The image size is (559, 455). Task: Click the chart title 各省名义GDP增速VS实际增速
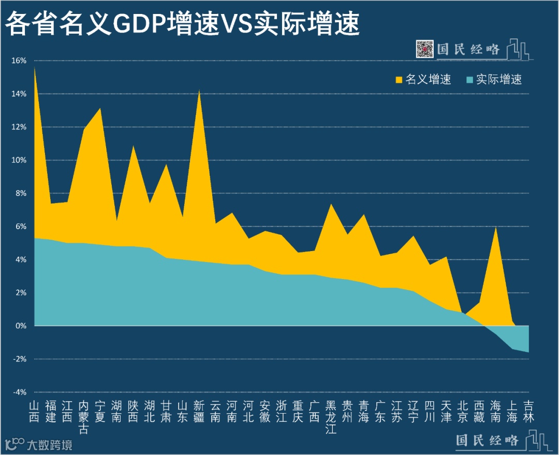pos(182,24)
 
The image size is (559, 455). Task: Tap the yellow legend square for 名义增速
pos(399,80)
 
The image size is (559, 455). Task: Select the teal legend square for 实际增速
pos(469,80)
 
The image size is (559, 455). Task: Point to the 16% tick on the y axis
pos(19,61)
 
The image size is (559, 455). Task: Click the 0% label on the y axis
pos(21,326)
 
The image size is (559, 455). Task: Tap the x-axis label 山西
pos(34,411)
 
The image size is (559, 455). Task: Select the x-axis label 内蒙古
pos(84,417)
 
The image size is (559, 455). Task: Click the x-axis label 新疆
pos(199,411)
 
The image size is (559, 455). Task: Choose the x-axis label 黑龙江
pos(331,417)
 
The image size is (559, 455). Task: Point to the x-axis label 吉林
pos(528,411)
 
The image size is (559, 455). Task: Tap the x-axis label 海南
pos(496,411)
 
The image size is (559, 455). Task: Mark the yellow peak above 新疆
pos(199,92)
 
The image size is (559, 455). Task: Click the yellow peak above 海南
pos(496,228)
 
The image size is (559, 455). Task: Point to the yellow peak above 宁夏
pos(100,109)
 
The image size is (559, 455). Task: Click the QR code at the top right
pos(425,49)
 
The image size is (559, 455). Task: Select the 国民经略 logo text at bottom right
pos(487,441)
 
